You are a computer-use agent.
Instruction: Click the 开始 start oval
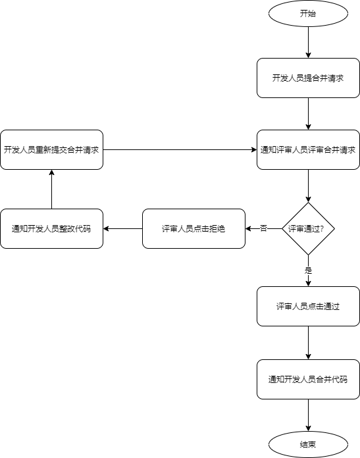(308, 13)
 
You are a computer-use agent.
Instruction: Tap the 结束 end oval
(308, 445)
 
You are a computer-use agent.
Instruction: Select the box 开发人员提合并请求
(308, 78)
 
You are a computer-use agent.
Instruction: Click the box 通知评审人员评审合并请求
(308, 149)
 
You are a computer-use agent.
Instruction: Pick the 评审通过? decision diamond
(308, 228)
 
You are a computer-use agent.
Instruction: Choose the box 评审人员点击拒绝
(193, 228)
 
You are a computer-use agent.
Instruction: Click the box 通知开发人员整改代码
(51, 228)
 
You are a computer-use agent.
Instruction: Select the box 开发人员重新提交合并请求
(51, 149)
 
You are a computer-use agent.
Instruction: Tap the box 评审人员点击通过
(308, 306)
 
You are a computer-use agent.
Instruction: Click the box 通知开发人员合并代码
(308, 379)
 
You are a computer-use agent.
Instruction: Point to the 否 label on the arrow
(263, 228)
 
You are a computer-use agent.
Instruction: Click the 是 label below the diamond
(308, 270)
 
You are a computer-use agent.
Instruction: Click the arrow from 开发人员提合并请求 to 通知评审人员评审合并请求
(308, 113)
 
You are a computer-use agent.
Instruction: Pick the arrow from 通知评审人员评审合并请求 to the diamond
(308, 186)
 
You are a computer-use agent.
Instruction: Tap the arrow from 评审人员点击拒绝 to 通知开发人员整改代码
(122, 228)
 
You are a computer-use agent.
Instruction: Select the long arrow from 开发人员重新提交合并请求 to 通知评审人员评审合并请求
(180, 149)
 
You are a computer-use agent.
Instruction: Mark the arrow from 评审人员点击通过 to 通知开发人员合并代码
(308, 342)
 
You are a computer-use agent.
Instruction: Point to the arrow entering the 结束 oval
(308, 415)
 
